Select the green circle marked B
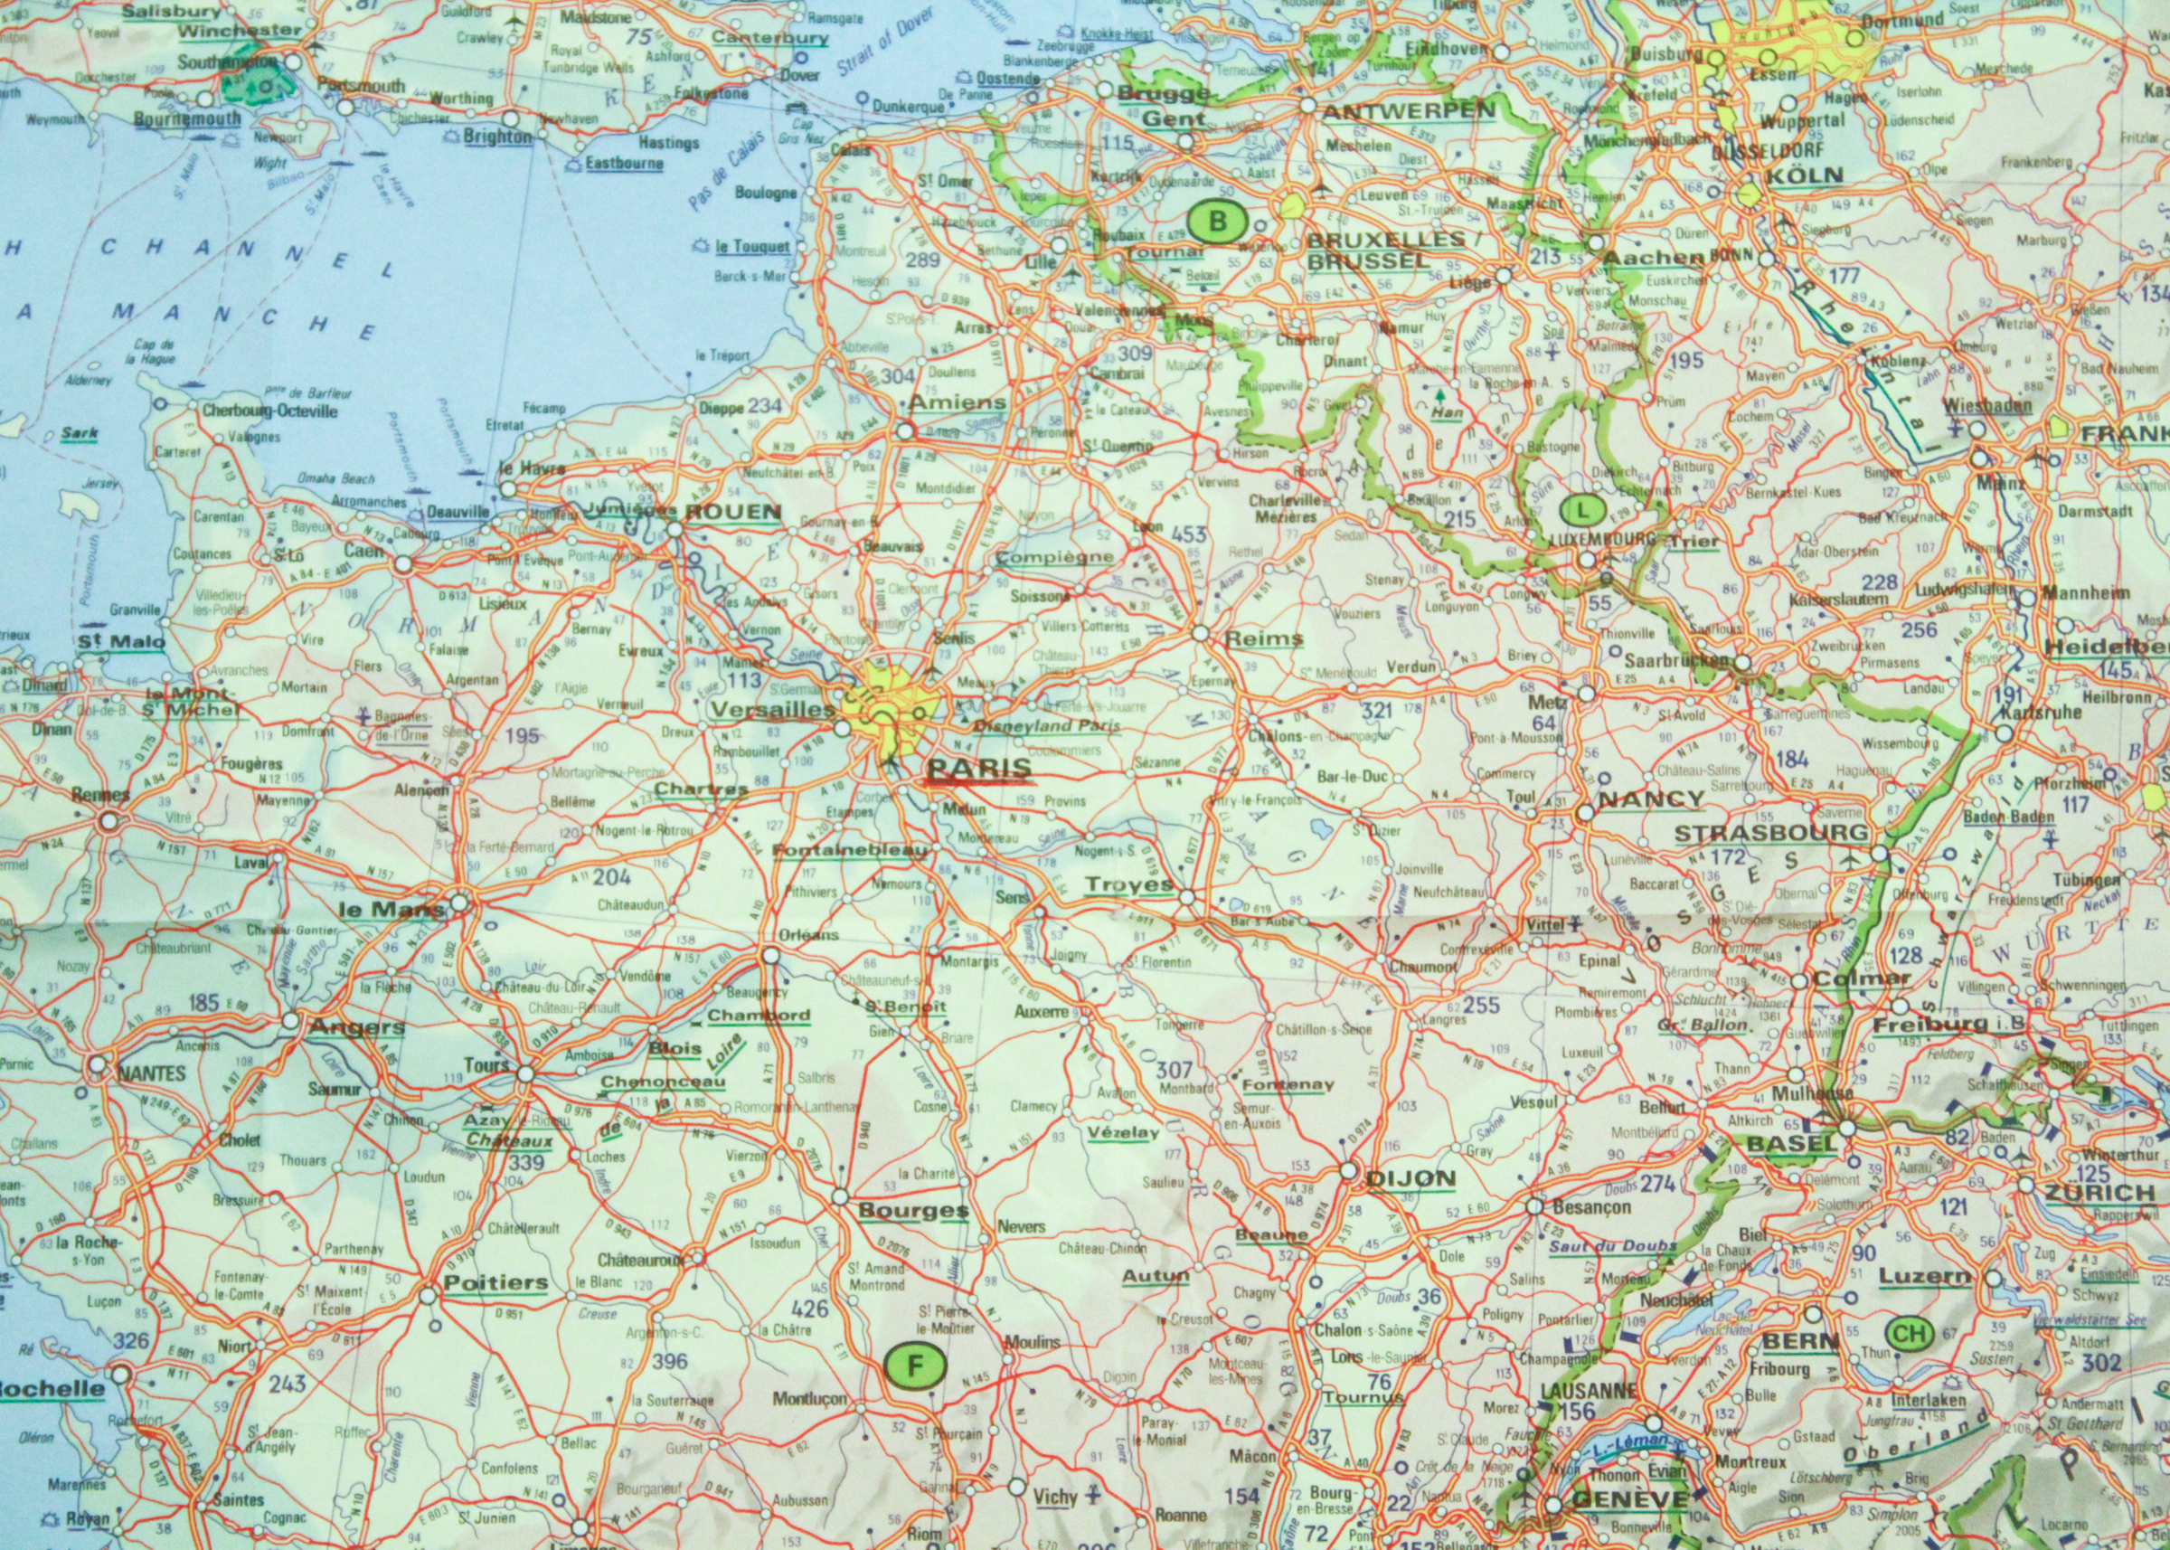1217,222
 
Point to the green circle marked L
1584,511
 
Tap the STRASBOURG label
1771,832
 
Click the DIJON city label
1410,1178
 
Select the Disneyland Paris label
1046,725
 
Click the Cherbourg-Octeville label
270,411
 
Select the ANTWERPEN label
1409,110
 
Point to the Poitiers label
496,1281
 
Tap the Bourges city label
913,1211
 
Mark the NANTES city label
151,1073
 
